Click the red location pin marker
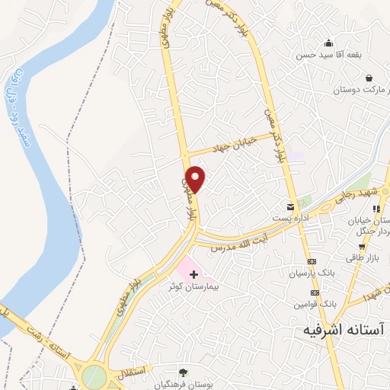[197, 177]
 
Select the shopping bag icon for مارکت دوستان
[369, 78]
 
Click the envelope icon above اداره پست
[289, 206]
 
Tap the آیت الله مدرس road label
[239, 243]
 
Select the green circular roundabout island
[94, 376]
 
